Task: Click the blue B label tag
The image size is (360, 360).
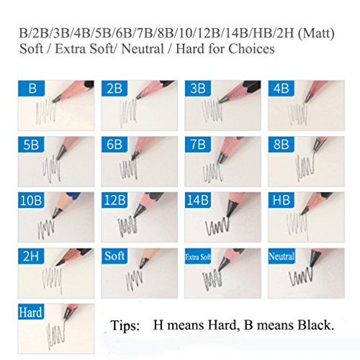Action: pyautogui.click(x=32, y=89)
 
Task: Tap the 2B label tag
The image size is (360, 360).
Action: pyautogui.click(x=114, y=89)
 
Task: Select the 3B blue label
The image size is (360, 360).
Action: pyautogui.click(x=198, y=89)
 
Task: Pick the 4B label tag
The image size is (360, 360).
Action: pyautogui.click(x=282, y=89)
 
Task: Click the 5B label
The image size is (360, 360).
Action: pyautogui.click(x=31, y=145)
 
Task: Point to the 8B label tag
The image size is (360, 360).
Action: pyautogui.click(x=282, y=145)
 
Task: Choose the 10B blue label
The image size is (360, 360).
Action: pyautogui.click(x=31, y=200)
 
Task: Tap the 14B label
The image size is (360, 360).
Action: pyautogui.click(x=198, y=200)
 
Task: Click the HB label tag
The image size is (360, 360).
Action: pyautogui.click(x=282, y=200)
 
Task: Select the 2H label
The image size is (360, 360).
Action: pyautogui.click(x=31, y=256)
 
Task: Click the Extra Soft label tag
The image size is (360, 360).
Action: pyautogui.click(x=198, y=256)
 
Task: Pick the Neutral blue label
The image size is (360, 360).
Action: pyautogui.click(x=282, y=256)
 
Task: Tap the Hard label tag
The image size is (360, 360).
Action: pyautogui.click(x=31, y=312)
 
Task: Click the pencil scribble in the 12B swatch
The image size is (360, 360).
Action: pyautogui.click(x=127, y=226)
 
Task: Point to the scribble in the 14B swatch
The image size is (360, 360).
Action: pyautogui.click(x=217, y=226)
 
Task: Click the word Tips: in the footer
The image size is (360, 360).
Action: pyautogui.click(x=125, y=325)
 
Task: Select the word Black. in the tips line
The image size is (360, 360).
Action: pyautogui.click(x=316, y=325)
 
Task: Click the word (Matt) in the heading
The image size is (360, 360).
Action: pyautogui.click(x=316, y=33)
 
